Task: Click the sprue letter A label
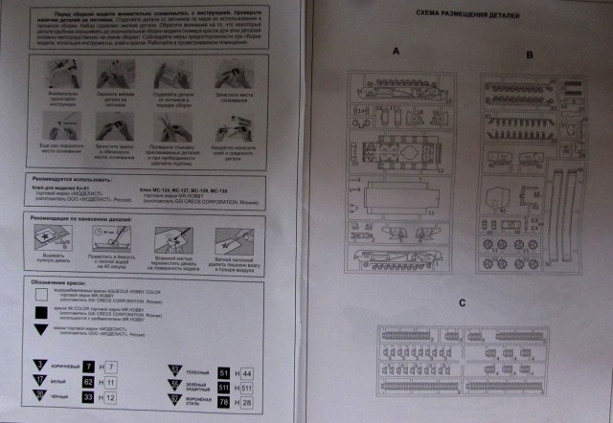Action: point(394,55)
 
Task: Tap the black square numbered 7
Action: point(88,367)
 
